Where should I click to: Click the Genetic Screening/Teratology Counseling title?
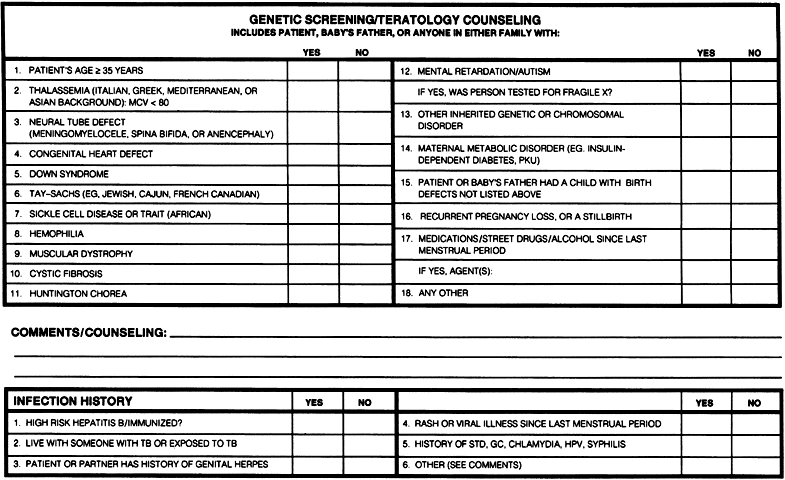point(394,19)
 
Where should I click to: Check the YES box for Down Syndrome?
point(313,173)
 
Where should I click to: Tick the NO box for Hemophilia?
point(363,233)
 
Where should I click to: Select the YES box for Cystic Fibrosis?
point(313,273)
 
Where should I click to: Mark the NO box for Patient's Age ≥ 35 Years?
point(363,71)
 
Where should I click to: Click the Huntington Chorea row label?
point(70,294)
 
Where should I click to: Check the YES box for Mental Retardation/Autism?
point(705,71)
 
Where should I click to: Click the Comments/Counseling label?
point(88,331)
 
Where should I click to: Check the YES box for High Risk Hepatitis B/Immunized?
point(313,423)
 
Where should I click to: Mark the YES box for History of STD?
point(705,443)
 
